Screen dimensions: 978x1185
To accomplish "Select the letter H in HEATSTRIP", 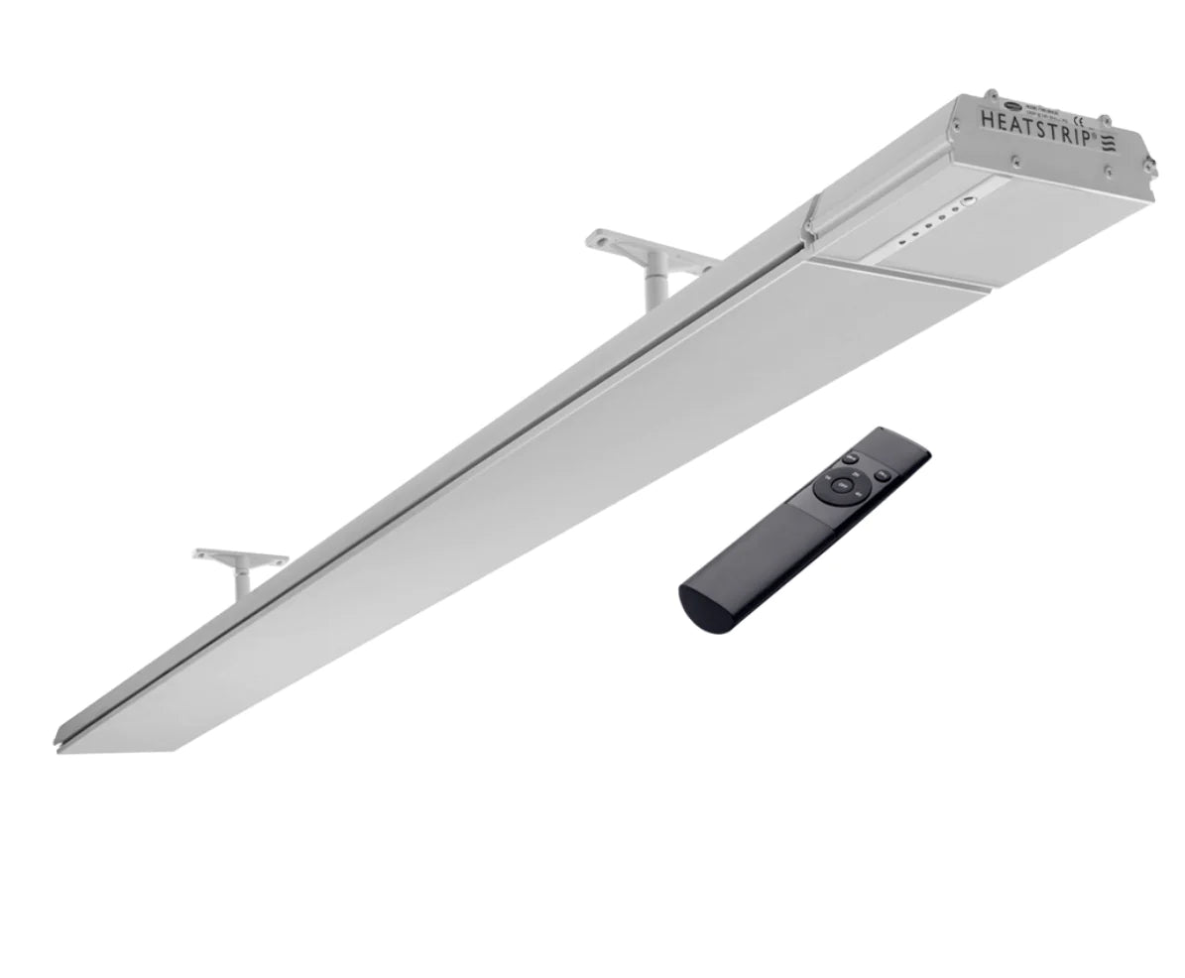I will pyautogui.click(x=988, y=119).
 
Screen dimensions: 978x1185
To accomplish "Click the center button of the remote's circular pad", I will pyautogui.click(x=841, y=485).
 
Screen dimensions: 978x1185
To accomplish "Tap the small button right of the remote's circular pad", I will pyautogui.click(x=882, y=475).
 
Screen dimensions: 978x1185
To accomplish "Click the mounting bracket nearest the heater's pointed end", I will pyautogui.click(x=240, y=565).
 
